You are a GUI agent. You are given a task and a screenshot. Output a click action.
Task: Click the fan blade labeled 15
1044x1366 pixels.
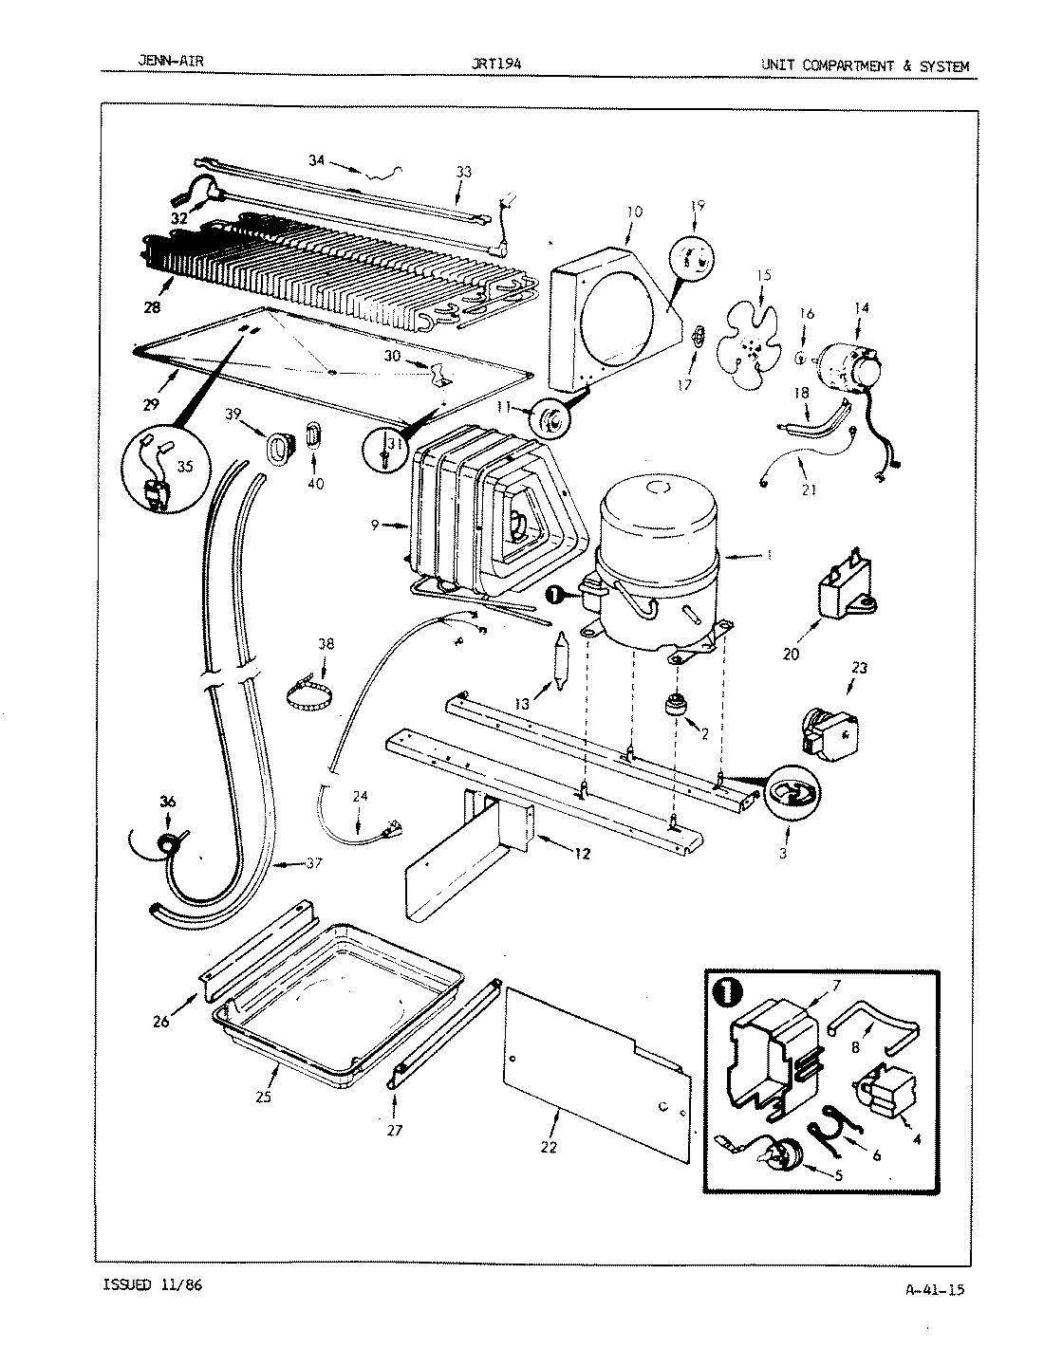pyautogui.click(x=751, y=341)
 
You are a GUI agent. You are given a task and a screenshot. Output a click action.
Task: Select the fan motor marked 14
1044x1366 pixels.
pyautogui.click(x=849, y=368)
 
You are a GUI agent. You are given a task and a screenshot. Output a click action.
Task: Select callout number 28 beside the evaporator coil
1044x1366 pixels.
pyautogui.click(x=152, y=307)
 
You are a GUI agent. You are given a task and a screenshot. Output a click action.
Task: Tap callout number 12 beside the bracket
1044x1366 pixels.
pyautogui.click(x=581, y=854)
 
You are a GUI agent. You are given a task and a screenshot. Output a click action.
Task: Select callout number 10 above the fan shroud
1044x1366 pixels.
pyautogui.click(x=634, y=212)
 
